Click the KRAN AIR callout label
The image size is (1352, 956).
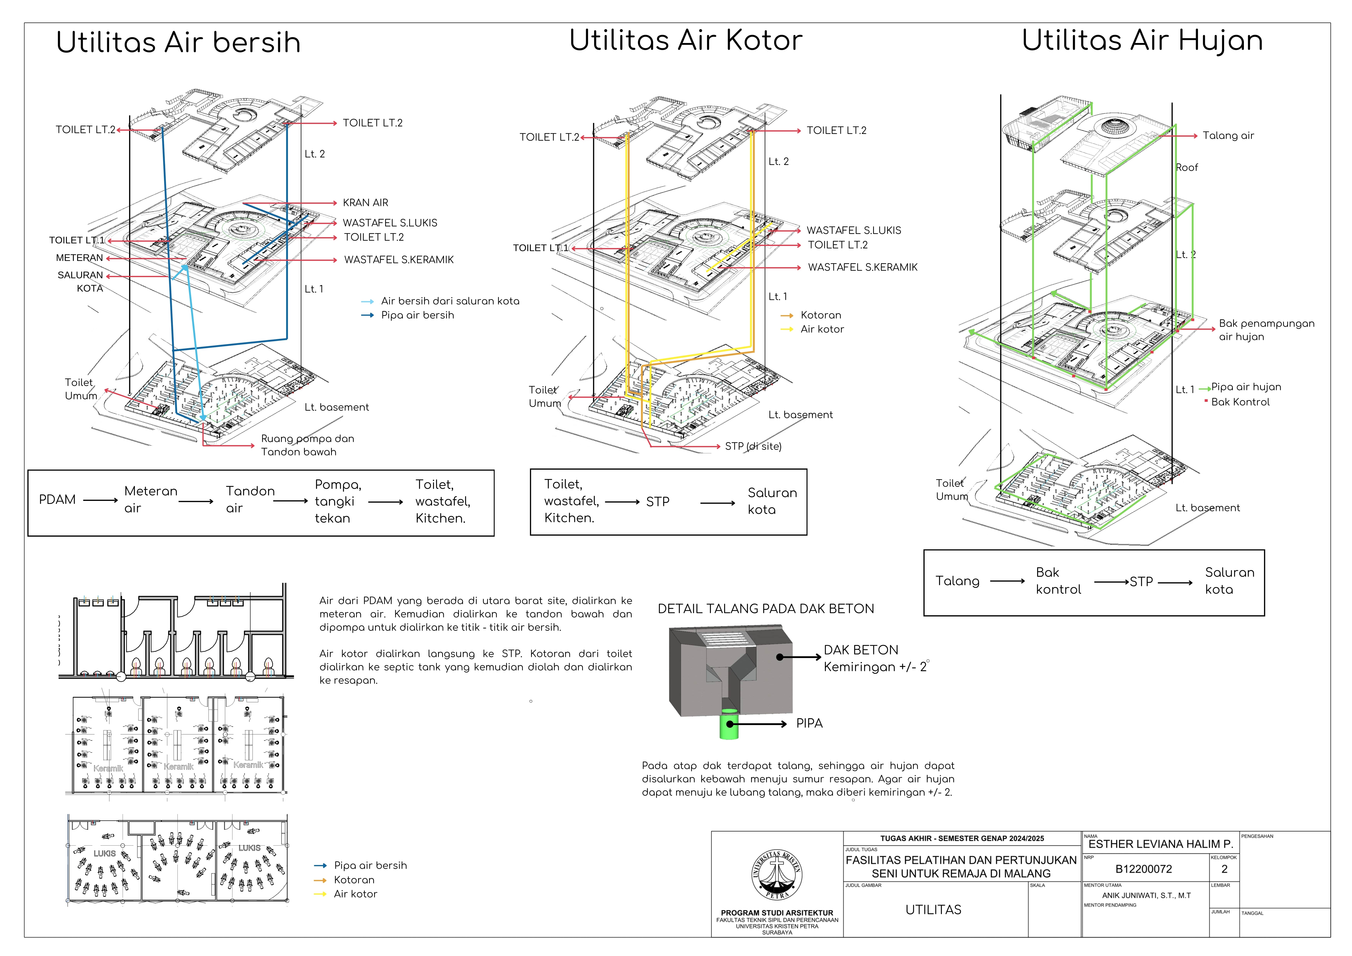tap(365, 203)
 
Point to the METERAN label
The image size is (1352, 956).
tap(80, 258)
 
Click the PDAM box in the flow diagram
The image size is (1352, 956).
tap(57, 499)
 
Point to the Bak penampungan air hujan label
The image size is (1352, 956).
tap(1266, 330)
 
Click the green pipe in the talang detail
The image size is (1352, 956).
tap(729, 725)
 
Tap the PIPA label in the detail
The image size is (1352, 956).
tap(809, 723)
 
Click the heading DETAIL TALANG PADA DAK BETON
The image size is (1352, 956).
tap(765, 609)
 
